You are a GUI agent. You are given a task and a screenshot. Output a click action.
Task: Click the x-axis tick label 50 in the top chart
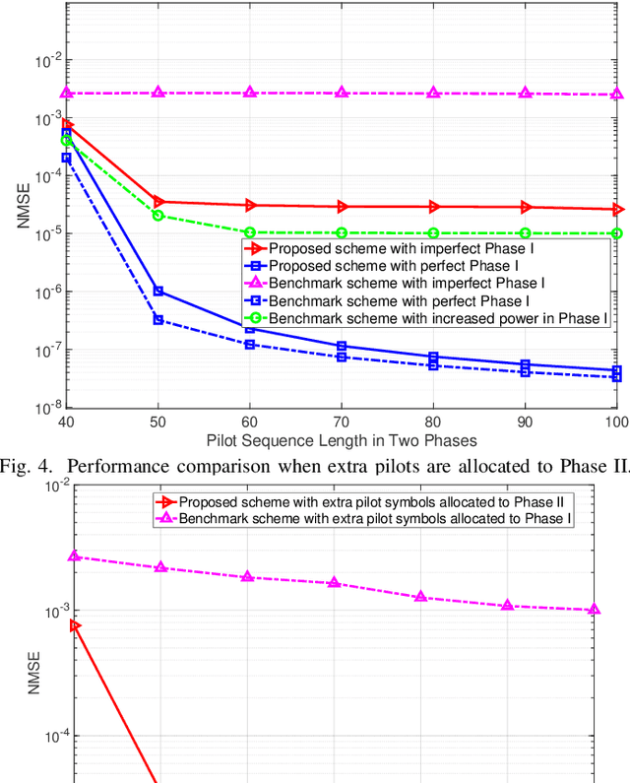coord(158,422)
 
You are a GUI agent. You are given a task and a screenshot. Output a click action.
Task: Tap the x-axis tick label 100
coord(614,422)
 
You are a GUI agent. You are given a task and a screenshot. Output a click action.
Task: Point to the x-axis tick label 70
coord(342,422)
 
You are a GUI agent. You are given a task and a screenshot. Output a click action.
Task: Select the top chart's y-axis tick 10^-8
coord(47,407)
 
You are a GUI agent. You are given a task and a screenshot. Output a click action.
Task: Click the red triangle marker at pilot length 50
coord(158,201)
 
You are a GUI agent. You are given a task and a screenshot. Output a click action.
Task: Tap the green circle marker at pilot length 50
coord(158,215)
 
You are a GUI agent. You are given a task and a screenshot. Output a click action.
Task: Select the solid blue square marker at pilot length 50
coord(158,291)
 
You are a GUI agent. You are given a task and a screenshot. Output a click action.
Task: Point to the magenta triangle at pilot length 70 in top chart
coord(342,93)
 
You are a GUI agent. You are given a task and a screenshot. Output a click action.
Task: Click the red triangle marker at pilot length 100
coord(617,209)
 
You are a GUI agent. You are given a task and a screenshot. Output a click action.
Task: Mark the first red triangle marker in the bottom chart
coord(75,625)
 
